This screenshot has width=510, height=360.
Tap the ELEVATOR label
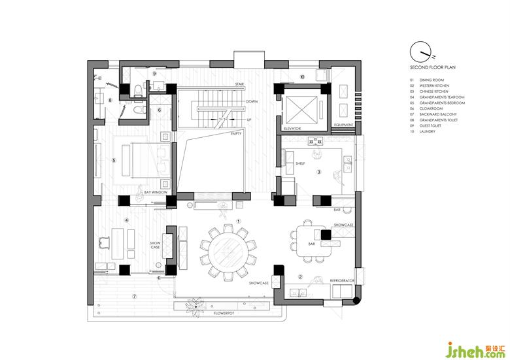point(292,129)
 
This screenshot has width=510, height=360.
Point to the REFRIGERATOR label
point(342,280)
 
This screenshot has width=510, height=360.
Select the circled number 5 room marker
point(114,159)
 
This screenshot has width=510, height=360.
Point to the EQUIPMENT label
point(343,124)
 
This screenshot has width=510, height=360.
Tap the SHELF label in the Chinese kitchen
point(300,164)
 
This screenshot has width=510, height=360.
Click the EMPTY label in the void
point(236,133)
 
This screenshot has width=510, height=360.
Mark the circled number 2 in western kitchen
point(299,276)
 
